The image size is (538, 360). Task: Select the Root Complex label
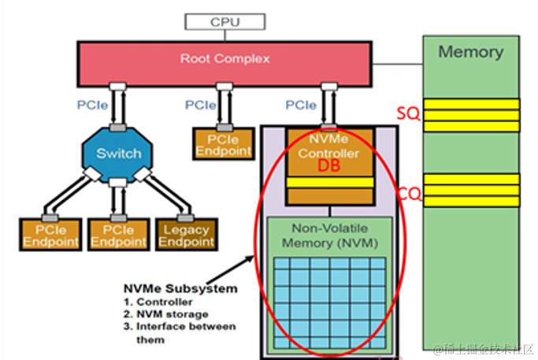click(x=224, y=58)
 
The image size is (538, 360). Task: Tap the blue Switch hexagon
click(x=118, y=153)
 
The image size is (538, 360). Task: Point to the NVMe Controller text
click(x=328, y=147)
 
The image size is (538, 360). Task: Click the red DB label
click(x=328, y=167)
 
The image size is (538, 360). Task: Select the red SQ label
click(x=408, y=115)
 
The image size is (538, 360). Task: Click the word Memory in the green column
click(x=470, y=52)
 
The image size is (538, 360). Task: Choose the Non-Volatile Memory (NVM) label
click(x=329, y=236)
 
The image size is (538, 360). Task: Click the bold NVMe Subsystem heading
click(x=180, y=288)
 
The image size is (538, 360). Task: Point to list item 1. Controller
click(x=159, y=301)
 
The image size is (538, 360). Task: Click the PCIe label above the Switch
click(x=89, y=104)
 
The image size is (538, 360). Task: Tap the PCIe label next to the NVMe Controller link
click(x=301, y=104)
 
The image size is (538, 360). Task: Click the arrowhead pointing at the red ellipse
click(x=251, y=255)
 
